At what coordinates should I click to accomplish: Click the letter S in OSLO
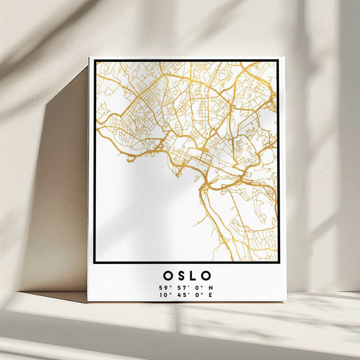click(x=180, y=276)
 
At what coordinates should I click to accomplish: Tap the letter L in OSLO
click(x=193, y=276)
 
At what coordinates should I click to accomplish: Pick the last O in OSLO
click(x=207, y=276)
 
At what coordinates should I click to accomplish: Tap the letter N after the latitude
click(x=210, y=287)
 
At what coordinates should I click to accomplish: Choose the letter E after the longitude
click(x=210, y=295)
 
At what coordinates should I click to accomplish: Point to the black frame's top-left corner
click(x=95, y=60)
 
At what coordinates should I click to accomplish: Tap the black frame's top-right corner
click(x=278, y=60)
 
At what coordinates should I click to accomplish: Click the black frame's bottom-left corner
click(x=95, y=262)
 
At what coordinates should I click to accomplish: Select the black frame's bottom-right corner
click(x=278, y=262)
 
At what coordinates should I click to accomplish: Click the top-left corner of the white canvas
click(x=89, y=58)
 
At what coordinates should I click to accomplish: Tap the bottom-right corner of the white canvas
click(x=285, y=302)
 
